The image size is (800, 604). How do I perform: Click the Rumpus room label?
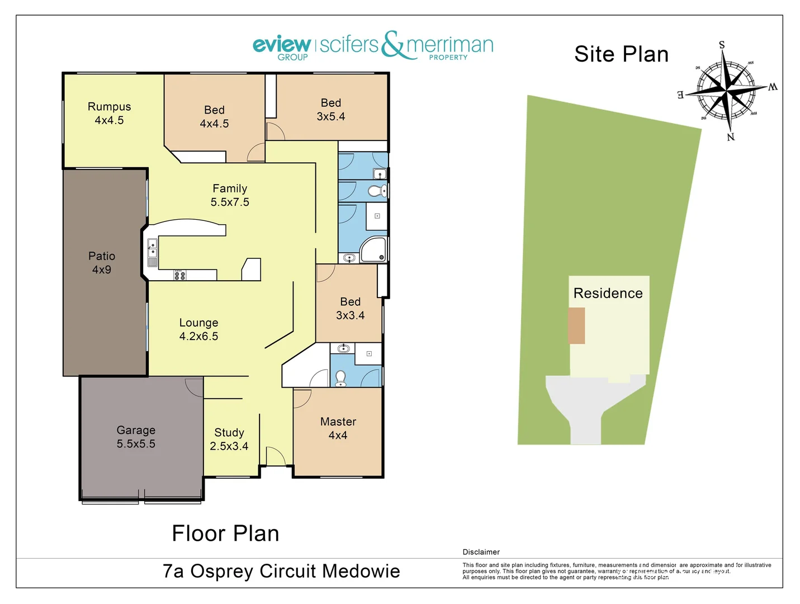click(x=109, y=113)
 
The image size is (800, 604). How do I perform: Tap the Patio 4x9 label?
click(x=102, y=263)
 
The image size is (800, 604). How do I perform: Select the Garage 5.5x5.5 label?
click(x=136, y=437)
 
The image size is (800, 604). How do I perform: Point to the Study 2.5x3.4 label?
click(x=229, y=439)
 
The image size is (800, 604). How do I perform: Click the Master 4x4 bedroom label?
click(x=338, y=428)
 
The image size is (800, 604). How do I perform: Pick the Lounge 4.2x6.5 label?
click(x=198, y=329)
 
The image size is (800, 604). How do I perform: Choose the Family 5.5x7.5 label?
click(x=230, y=195)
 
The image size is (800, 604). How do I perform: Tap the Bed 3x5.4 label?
click(x=331, y=110)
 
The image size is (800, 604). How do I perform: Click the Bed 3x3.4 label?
click(x=350, y=308)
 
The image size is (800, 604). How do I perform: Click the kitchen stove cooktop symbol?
click(x=179, y=275)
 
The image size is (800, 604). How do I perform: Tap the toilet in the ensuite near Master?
click(x=340, y=378)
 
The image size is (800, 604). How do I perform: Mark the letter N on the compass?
click(x=731, y=137)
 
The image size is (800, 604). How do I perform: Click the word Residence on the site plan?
click(x=608, y=293)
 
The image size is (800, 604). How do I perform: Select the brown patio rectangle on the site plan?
click(x=576, y=325)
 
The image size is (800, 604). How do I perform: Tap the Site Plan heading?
click(x=621, y=54)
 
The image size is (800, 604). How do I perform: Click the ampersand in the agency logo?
click(x=393, y=45)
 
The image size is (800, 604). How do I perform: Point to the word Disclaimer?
click(x=481, y=552)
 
